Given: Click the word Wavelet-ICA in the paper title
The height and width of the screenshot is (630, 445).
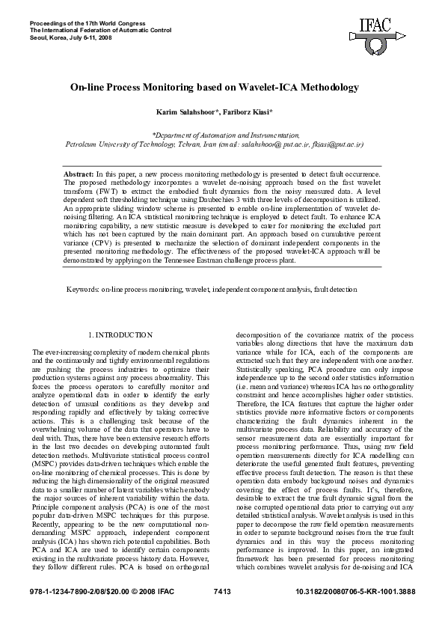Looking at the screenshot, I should click(x=272, y=88).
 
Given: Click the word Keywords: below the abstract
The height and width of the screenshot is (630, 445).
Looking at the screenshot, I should click(x=83, y=288).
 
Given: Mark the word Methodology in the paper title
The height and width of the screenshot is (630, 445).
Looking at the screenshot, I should click(x=330, y=88).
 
